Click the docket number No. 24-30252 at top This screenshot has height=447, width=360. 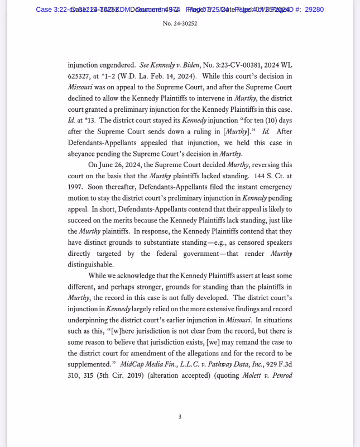180,24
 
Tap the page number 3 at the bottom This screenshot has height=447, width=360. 180,416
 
